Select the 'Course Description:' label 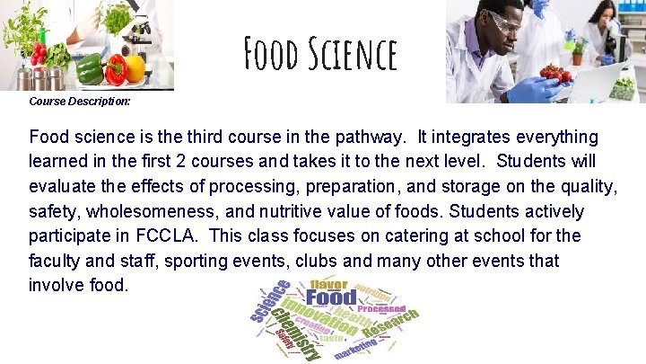tap(80, 102)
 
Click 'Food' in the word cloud tap(331, 297)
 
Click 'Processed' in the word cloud tap(381, 307)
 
